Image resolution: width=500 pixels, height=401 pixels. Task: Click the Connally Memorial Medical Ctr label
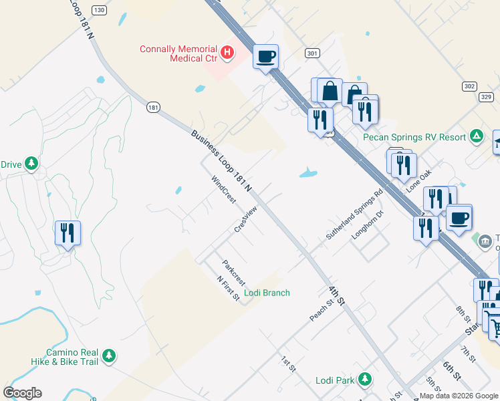click(x=178, y=53)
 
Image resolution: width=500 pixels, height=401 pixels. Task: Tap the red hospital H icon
click(x=228, y=51)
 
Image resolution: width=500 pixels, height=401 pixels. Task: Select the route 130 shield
click(x=99, y=10)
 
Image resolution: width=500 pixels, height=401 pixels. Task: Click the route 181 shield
click(x=154, y=107)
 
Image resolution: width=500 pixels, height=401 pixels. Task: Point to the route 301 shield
click(x=311, y=53)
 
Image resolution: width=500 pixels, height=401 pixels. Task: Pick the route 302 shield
click(x=469, y=87)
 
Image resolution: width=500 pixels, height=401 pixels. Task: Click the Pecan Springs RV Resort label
click(x=414, y=137)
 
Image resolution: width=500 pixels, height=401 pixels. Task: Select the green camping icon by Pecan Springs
click(x=476, y=136)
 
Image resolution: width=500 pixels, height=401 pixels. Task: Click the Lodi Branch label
click(x=267, y=293)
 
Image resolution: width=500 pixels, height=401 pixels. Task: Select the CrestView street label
click(x=245, y=219)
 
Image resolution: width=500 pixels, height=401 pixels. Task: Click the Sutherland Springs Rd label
click(x=354, y=214)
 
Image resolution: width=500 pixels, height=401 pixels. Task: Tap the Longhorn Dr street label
click(x=370, y=225)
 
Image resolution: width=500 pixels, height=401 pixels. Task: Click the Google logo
click(x=22, y=393)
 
